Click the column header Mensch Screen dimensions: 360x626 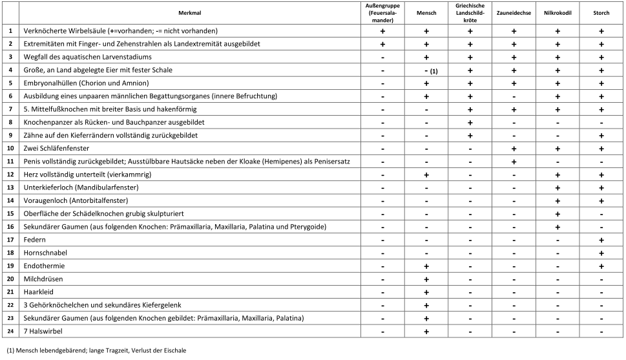426,12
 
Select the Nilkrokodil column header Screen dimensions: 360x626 558,12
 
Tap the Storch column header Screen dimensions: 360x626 601,12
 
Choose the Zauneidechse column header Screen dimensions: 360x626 514,12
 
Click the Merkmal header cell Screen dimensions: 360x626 190,12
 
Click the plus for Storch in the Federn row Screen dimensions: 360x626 601,239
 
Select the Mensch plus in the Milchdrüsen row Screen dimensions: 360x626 426,279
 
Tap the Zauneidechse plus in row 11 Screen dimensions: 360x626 514,161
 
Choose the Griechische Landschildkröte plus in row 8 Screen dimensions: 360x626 470,122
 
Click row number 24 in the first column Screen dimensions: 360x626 10,332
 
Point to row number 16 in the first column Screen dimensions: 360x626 10,226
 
